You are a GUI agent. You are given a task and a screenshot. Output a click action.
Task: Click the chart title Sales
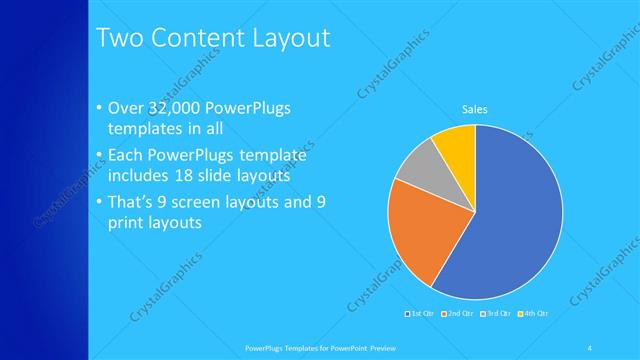[474, 109]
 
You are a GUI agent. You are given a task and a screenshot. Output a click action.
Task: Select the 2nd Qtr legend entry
[459, 313]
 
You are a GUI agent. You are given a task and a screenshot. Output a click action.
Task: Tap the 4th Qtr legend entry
[535, 313]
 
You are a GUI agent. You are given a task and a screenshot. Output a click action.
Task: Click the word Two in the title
[117, 39]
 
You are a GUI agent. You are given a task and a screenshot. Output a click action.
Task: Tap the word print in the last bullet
[125, 221]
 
